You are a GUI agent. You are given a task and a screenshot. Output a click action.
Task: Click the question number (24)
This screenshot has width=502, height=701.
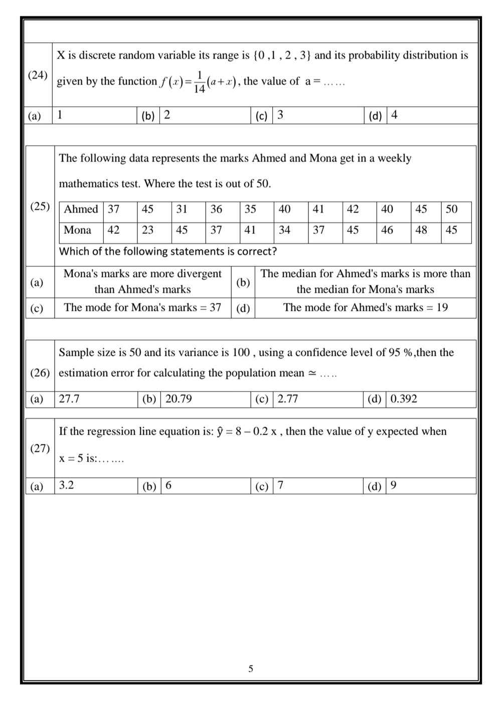(38, 75)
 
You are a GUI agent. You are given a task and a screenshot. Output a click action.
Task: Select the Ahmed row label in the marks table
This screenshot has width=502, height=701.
(81, 209)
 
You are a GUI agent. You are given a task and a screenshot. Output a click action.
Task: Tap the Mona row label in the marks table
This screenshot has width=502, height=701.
(77, 230)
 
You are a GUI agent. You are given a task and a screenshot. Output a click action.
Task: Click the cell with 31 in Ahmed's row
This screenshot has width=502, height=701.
(182, 209)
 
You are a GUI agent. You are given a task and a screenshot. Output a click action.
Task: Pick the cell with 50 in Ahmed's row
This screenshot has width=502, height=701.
(451, 209)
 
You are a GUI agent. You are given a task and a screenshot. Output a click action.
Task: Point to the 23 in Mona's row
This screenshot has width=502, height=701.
(147, 230)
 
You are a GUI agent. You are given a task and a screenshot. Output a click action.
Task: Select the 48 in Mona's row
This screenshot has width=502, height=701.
(421, 230)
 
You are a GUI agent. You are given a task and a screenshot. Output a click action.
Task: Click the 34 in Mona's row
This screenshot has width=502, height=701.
(284, 230)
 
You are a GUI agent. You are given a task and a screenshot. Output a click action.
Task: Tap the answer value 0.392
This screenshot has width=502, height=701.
(404, 399)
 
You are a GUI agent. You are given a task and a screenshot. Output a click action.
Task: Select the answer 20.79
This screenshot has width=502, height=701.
(179, 399)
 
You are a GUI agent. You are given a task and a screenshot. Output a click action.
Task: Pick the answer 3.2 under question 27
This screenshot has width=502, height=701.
(66, 485)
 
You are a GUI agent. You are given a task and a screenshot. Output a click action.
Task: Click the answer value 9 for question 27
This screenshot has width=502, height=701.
(394, 485)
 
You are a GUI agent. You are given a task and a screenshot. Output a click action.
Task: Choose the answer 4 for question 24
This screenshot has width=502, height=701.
(394, 115)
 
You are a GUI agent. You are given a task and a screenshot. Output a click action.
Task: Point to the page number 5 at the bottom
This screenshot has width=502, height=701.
(251, 669)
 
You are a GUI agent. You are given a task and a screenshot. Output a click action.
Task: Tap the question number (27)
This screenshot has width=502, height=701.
(40, 449)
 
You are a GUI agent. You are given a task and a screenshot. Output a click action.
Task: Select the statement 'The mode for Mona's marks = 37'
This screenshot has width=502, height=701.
(142, 307)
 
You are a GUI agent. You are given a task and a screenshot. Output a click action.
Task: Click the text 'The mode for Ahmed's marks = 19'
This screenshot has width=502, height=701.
(365, 307)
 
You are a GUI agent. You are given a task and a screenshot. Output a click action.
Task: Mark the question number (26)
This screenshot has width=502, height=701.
(40, 373)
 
